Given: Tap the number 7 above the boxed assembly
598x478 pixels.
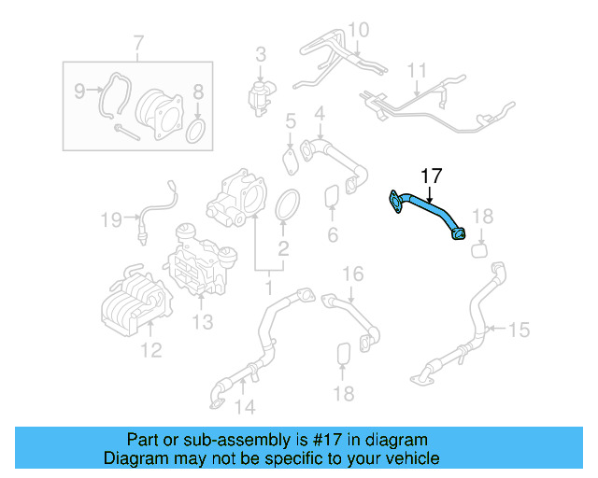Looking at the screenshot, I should [138, 43].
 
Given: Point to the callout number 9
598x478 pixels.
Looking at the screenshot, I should [79, 91].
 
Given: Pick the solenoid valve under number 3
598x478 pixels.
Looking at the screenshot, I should [260, 93].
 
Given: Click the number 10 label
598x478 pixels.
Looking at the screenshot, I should [359, 30].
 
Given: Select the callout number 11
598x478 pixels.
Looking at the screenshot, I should [416, 70].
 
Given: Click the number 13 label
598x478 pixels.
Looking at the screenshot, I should [203, 322].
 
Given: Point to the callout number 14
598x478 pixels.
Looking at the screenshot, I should [244, 406].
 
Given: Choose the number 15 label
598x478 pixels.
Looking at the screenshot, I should [519, 330].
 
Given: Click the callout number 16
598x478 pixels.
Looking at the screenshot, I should [351, 274].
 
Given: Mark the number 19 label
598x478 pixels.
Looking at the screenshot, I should [112, 220].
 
